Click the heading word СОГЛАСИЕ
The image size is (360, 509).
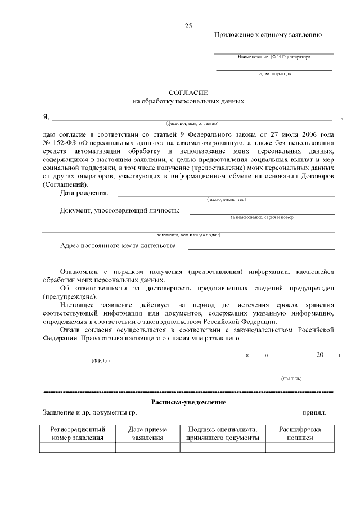[x=188, y=92]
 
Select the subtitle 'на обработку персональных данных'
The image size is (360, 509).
[x=188, y=102]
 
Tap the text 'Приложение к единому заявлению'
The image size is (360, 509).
[x=268, y=35]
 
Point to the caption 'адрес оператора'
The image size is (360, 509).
[x=274, y=74]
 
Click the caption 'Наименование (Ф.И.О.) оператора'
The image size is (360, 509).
[x=274, y=57]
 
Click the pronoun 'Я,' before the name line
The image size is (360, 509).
[x=46, y=117]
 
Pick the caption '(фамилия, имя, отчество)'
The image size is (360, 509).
[x=192, y=123]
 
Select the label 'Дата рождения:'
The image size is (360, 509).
[x=84, y=193]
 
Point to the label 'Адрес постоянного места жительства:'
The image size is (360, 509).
[x=119, y=246]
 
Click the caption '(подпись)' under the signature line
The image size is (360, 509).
[x=291, y=379]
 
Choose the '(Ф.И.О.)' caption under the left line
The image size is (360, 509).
[x=101, y=361]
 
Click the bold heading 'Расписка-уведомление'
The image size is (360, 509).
[x=188, y=402]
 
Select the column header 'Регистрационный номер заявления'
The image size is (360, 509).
[x=78, y=433]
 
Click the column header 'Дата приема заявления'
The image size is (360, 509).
[x=148, y=433]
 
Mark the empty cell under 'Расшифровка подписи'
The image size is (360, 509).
[x=300, y=448]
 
